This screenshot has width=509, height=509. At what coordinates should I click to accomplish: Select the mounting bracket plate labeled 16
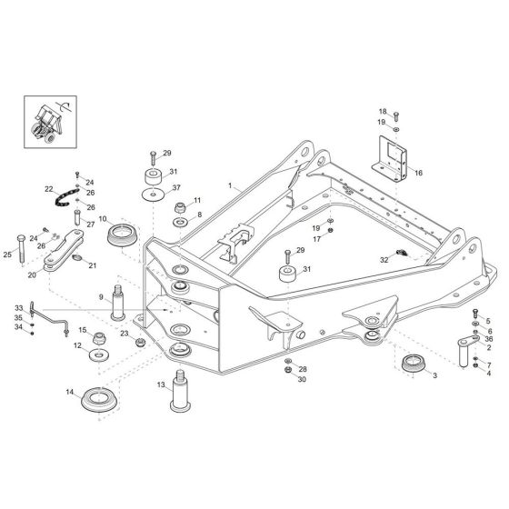click(x=392, y=155)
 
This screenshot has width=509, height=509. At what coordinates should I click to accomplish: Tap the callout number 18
click(x=383, y=110)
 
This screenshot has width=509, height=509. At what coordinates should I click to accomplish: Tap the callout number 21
click(x=92, y=265)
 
